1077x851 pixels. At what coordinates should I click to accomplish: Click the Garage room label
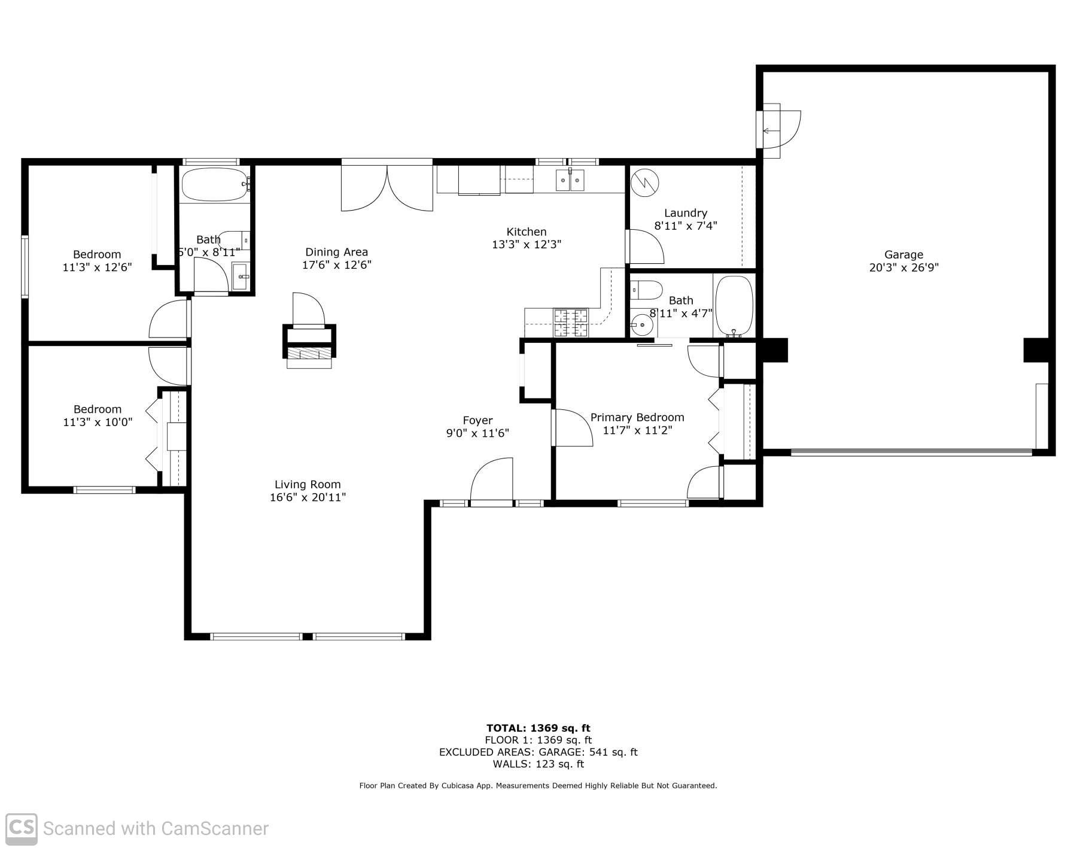(x=903, y=254)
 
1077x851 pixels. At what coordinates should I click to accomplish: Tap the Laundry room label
(x=686, y=212)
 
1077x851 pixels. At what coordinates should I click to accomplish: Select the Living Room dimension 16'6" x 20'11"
(x=308, y=497)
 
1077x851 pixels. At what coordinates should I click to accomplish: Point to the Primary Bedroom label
(x=637, y=417)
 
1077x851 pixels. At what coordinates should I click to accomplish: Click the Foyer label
(x=477, y=420)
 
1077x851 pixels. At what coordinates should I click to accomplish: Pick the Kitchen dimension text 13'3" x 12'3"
(x=527, y=244)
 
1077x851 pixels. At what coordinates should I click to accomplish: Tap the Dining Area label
(x=336, y=252)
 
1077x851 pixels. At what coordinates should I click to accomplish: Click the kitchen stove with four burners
(x=571, y=323)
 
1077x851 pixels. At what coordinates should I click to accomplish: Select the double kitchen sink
(x=570, y=180)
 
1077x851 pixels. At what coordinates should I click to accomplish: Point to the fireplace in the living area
(x=309, y=347)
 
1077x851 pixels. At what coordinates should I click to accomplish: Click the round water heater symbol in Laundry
(x=645, y=183)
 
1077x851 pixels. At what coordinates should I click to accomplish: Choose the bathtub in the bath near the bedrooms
(x=215, y=185)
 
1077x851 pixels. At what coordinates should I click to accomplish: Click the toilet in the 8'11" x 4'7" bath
(x=646, y=290)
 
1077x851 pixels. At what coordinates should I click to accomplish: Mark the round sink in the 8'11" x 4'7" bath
(x=642, y=325)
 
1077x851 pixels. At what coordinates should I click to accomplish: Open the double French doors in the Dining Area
(x=387, y=186)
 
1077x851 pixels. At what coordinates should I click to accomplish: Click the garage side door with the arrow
(x=779, y=130)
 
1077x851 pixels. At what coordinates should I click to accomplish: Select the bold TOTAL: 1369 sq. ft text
(x=538, y=728)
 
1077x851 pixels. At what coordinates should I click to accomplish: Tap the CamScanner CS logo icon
(x=21, y=828)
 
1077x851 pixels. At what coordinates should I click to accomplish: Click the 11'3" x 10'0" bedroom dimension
(x=98, y=422)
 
